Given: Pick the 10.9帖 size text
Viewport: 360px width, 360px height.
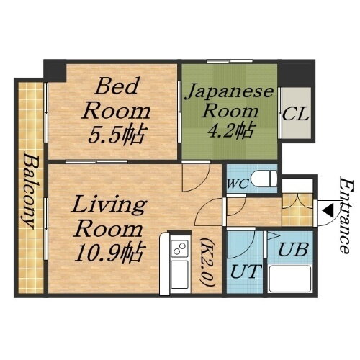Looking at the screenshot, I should click(x=107, y=251).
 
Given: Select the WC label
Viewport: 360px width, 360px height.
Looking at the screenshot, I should click(x=237, y=183).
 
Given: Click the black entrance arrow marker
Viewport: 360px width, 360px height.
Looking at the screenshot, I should click(x=325, y=210).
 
